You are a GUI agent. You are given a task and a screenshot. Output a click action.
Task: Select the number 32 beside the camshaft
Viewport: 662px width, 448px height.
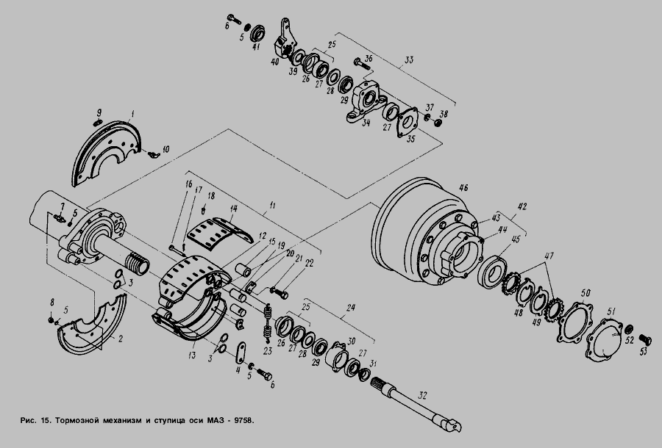point(423,395)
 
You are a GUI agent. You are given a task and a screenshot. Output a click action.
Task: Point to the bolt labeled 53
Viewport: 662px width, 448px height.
point(644,339)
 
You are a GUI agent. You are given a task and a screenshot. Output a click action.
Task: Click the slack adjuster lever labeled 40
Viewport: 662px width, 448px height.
point(285,39)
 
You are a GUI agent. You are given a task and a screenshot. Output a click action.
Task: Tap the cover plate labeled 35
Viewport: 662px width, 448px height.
point(407,122)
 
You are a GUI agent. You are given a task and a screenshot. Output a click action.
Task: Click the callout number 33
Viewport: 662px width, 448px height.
point(408,59)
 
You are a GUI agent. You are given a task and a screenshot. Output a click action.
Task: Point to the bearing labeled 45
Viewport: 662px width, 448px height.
point(492,271)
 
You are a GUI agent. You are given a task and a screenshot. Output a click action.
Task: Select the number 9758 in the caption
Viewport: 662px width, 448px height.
point(243,421)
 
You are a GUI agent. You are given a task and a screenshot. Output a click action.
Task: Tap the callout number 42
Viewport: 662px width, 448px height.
point(522,206)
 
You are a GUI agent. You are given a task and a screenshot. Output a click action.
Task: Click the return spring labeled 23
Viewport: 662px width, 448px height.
point(267,323)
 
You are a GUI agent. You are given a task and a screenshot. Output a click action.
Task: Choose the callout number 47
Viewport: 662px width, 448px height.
point(549,256)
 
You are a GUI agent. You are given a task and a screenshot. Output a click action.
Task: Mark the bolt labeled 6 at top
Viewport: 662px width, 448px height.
point(234,18)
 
